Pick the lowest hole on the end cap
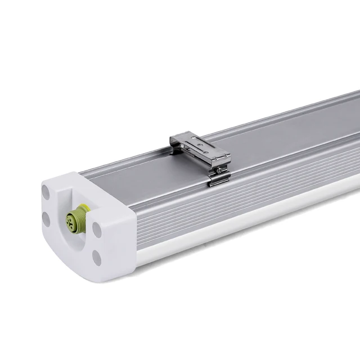click(97, 258)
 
